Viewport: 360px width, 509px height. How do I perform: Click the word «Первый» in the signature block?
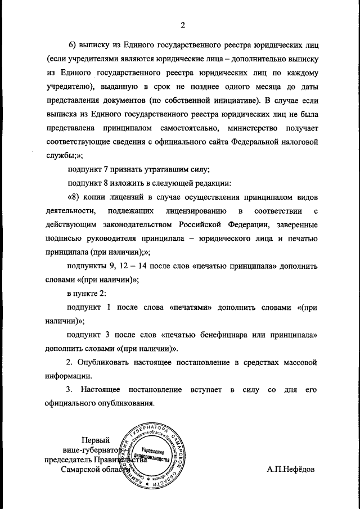[96, 440]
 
